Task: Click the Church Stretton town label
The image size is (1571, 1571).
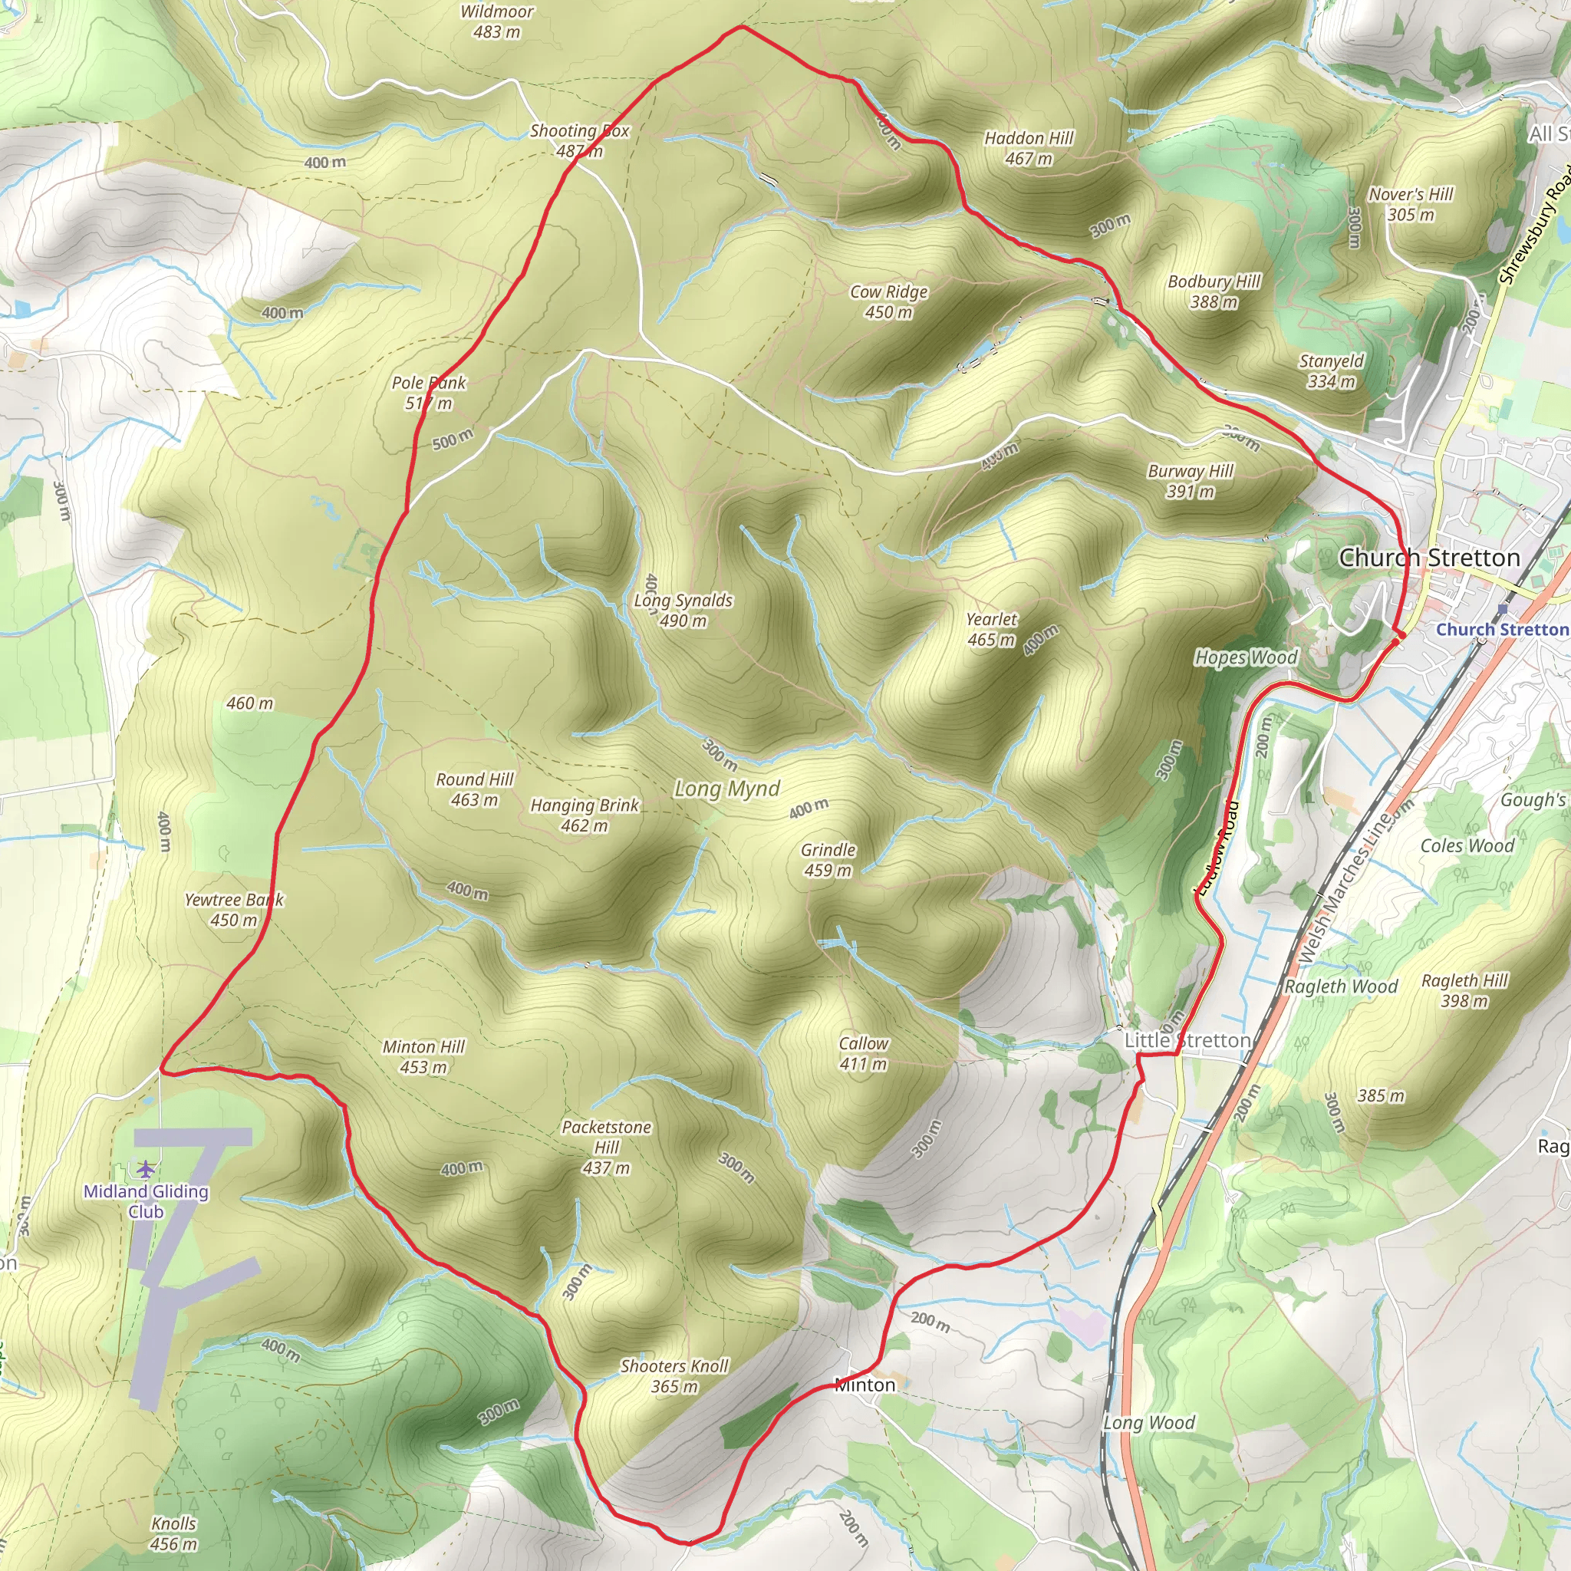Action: click(x=1428, y=558)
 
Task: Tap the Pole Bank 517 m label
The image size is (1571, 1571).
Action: click(x=429, y=393)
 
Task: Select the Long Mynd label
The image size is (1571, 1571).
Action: click(x=727, y=789)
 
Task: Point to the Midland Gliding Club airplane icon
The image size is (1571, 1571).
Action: click(x=146, y=1168)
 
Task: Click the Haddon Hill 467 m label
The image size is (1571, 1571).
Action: click(x=1029, y=149)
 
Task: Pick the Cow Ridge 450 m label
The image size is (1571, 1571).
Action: click(x=889, y=301)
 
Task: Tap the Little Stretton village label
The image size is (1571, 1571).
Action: click(x=1187, y=1040)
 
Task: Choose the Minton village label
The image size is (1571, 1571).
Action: click(x=865, y=1385)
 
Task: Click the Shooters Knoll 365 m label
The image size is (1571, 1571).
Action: click(x=674, y=1376)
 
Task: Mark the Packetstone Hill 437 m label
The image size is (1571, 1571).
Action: click(x=607, y=1147)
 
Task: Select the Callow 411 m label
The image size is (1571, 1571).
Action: click(x=864, y=1053)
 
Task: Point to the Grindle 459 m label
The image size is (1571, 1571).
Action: click(x=828, y=859)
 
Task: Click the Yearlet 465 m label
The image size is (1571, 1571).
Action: click(x=991, y=629)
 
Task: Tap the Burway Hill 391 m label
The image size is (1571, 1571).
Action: click(x=1191, y=482)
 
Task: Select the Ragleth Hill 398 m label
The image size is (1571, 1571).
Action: click(x=1464, y=990)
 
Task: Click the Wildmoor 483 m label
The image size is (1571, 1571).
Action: click(x=497, y=22)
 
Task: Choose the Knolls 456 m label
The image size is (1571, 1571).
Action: click(x=174, y=1533)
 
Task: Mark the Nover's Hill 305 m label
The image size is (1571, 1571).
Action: click(x=1411, y=204)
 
